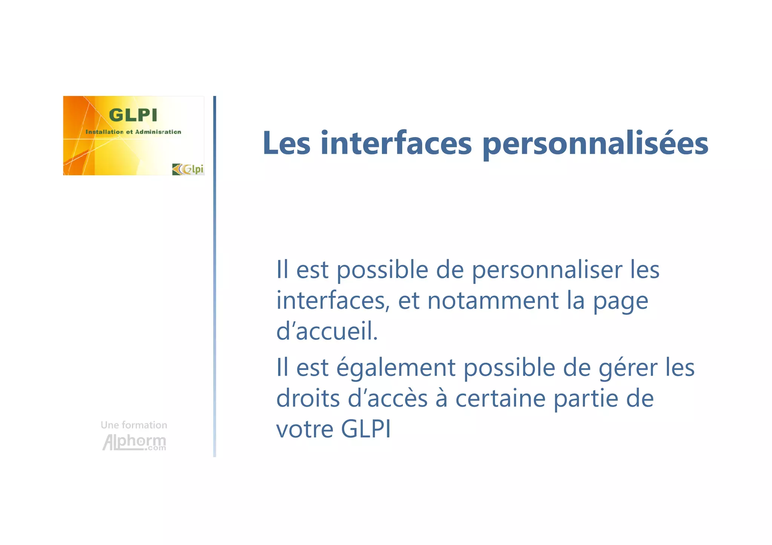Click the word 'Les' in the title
[x=286, y=144]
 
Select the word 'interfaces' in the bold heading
[x=396, y=144]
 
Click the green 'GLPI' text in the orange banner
[x=133, y=115]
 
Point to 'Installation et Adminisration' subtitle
[x=133, y=132]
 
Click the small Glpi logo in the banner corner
[x=188, y=169]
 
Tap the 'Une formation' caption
[x=134, y=425]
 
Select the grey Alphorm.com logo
[x=134, y=442]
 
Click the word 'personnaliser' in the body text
[x=547, y=270]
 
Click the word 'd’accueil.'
[x=327, y=331]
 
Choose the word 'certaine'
[x=500, y=398]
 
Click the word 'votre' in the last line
[x=305, y=429]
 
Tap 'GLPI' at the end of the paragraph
[x=366, y=429]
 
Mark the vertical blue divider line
[x=214, y=276]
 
